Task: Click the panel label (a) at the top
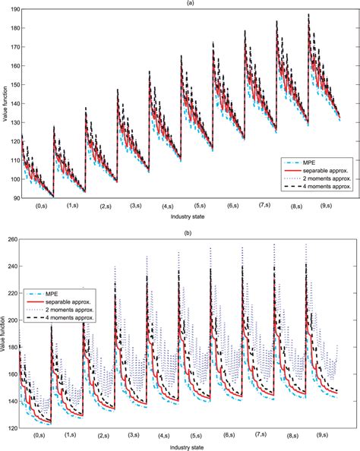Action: click(179, 3)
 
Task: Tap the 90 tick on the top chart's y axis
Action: click(15, 198)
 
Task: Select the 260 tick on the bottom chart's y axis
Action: click(14, 240)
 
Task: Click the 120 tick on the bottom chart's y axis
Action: click(14, 429)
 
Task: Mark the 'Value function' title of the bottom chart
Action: click(5, 334)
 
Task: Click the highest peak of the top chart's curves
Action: click(308, 14)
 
